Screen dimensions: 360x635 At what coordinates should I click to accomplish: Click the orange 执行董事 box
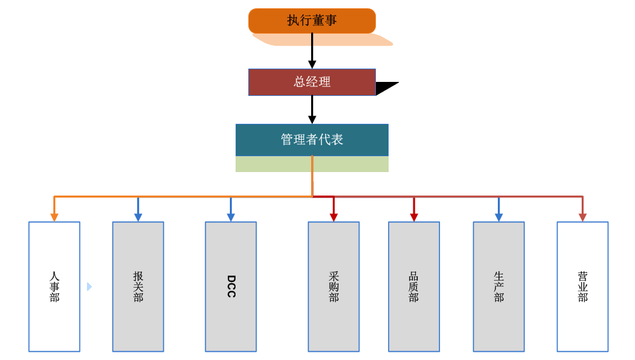(312, 20)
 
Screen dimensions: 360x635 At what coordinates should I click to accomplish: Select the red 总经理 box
(312, 82)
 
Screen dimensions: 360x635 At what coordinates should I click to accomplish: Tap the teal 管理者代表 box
(312, 140)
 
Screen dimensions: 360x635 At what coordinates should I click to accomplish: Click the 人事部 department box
(54, 286)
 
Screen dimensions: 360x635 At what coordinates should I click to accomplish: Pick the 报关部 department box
(138, 286)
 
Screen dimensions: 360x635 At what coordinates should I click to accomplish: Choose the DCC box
(231, 286)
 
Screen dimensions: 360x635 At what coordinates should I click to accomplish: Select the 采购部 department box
(333, 286)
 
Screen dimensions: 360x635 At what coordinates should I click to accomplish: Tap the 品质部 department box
(413, 286)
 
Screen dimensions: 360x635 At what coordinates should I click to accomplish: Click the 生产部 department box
(498, 286)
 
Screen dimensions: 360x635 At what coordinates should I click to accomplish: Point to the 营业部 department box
(582, 286)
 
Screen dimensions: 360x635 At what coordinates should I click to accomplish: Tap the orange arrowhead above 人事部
(54, 217)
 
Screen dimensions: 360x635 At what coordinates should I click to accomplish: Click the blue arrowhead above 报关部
(138, 217)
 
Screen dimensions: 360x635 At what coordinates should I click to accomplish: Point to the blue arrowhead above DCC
(231, 217)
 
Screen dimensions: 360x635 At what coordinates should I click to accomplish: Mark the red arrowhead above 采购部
(333, 217)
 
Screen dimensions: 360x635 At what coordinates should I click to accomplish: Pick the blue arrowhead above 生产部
(498, 217)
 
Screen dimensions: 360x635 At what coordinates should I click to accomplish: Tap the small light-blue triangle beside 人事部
(89, 286)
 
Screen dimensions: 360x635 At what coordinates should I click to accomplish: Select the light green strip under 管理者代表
(312, 164)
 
